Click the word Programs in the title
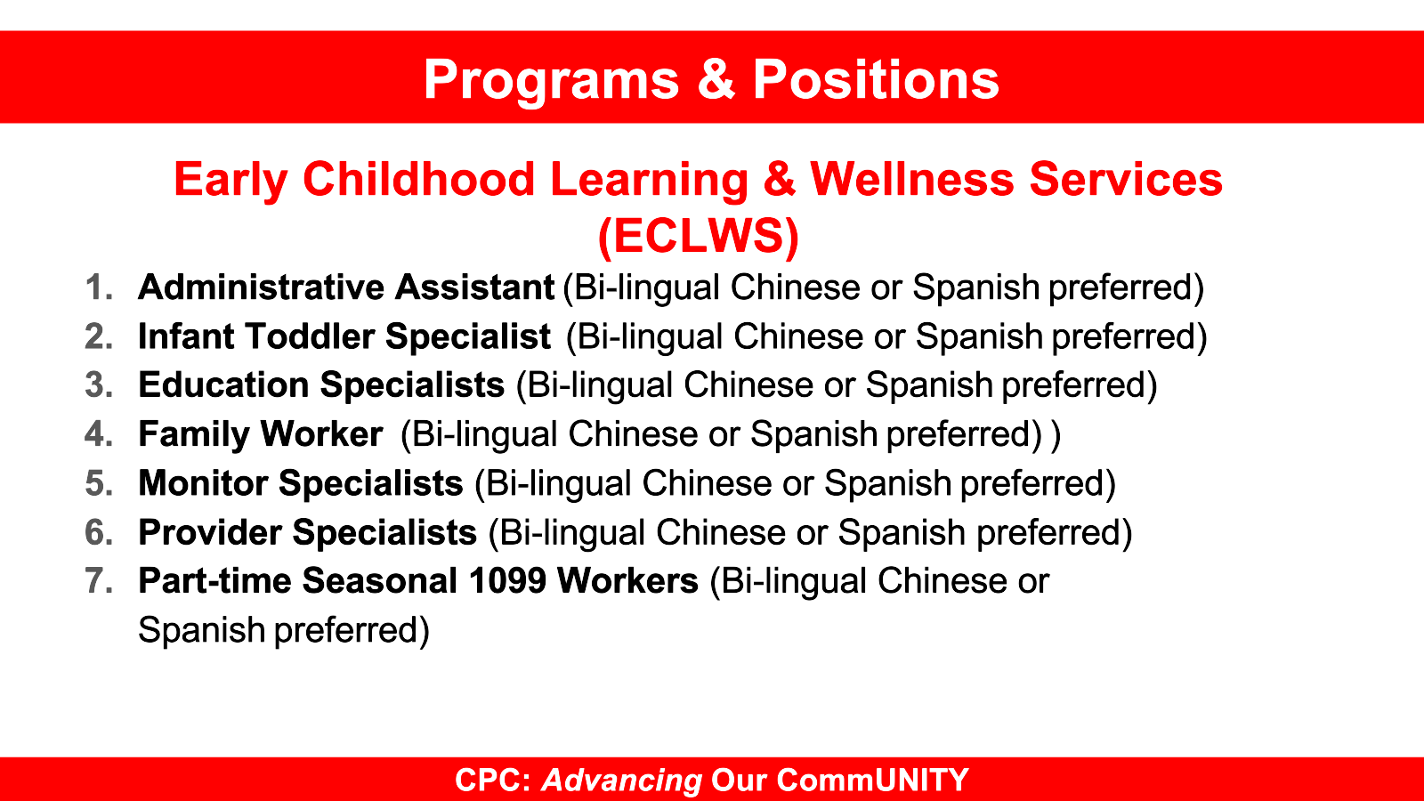[551, 81]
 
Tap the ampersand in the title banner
[716, 78]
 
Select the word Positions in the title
[876, 79]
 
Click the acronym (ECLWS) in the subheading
[698, 236]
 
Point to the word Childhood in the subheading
[419, 179]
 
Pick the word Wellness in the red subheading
[911, 179]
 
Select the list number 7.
[99, 580]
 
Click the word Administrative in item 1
[262, 287]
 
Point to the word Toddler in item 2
[310, 336]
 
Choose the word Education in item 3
[223, 384]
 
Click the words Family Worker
[261, 435]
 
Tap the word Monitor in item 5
[204, 482]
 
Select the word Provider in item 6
[210, 531]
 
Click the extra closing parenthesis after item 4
[1056, 435]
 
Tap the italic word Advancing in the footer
[622, 780]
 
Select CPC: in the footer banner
[493, 780]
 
